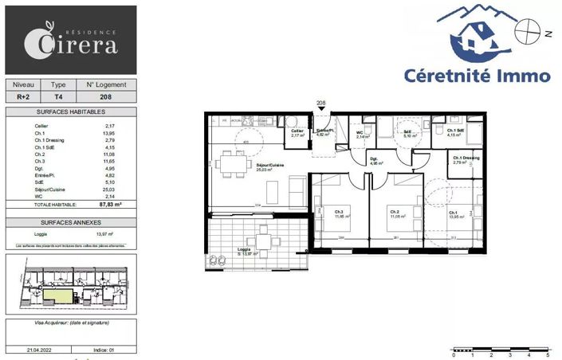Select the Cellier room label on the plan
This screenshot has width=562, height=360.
click(296, 132)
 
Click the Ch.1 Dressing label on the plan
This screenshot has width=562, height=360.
click(466, 158)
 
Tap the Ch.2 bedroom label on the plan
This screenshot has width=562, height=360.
click(395, 211)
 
